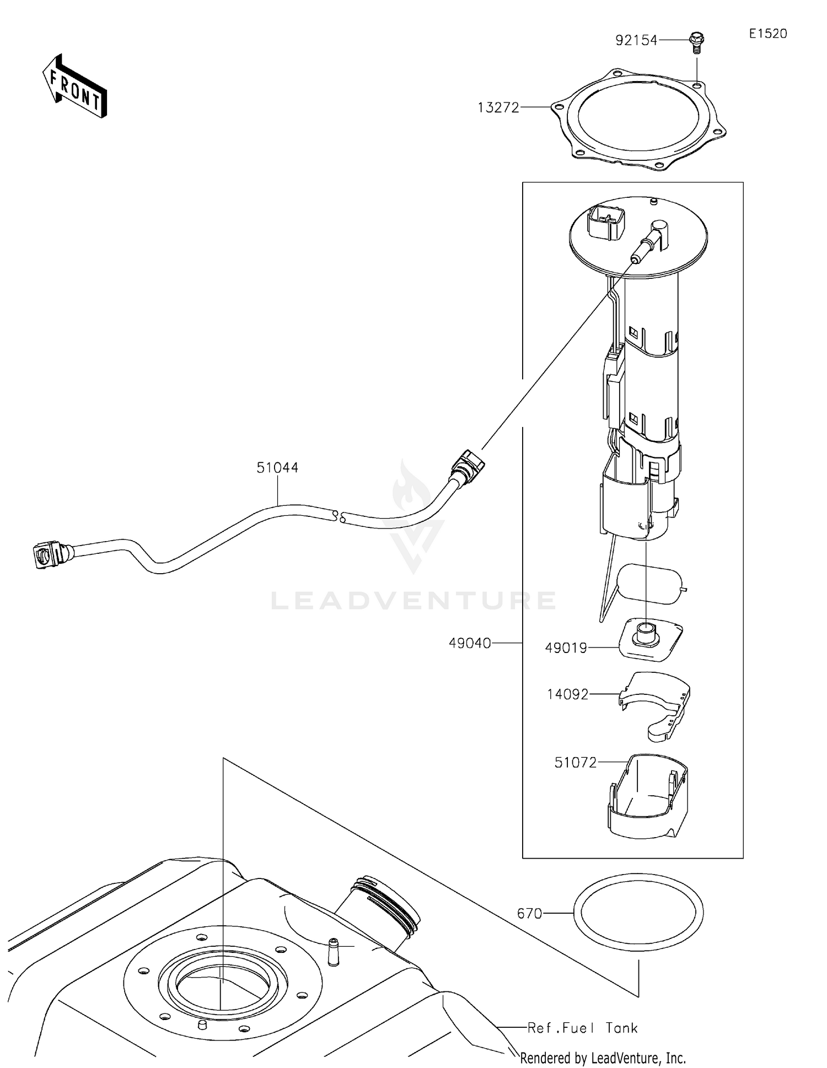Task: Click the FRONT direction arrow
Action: (x=75, y=87)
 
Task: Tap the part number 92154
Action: (x=636, y=40)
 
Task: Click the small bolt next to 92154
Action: (x=697, y=42)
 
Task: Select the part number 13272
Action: (x=498, y=108)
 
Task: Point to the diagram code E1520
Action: (x=767, y=34)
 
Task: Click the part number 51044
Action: (x=277, y=468)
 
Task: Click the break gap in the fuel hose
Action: (x=339, y=517)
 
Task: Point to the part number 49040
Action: (x=470, y=643)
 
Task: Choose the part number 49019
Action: (x=566, y=648)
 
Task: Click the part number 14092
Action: (x=568, y=694)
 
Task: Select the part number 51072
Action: (x=576, y=763)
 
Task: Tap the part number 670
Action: (x=529, y=914)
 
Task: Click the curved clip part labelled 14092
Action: (x=656, y=703)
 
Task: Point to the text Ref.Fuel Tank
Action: (x=582, y=1028)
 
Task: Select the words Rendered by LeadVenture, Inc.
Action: (x=603, y=1058)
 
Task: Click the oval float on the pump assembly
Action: (x=649, y=584)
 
